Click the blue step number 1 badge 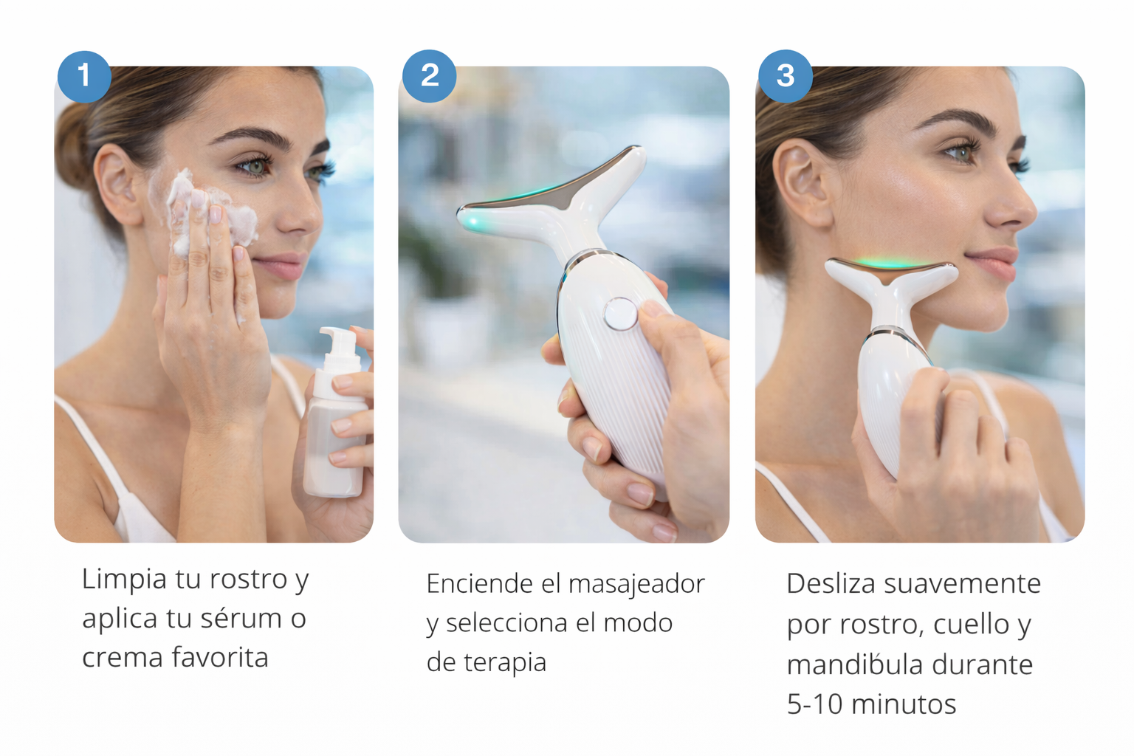(84, 77)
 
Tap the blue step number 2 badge (429, 76)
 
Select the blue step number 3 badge (786, 76)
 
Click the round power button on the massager (621, 314)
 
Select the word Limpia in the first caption (125, 579)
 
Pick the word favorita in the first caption (220, 657)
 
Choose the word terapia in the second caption (505, 661)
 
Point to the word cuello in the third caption (969, 624)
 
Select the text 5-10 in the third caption (815, 704)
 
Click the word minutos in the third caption (904, 704)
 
